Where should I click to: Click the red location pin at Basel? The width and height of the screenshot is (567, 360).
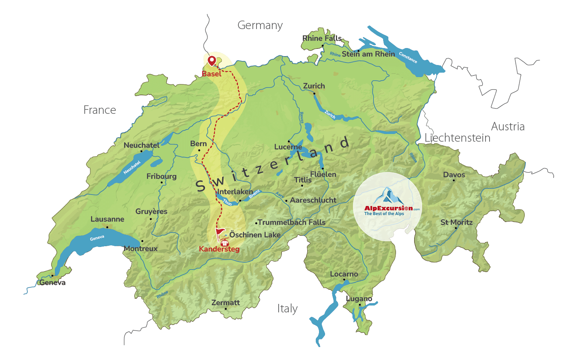click(x=212, y=61)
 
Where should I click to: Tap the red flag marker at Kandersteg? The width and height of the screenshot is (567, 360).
click(x=220, y=233)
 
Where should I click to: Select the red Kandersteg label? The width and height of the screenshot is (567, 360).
click(x=219, y=249)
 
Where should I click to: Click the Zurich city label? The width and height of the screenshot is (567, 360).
click(x=314, y=86)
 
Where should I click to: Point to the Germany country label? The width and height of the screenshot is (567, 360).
click(x=260, y=25)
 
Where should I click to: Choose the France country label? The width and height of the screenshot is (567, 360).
click(x=100, y=110)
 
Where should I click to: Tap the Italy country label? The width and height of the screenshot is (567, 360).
click(x=287, y=309)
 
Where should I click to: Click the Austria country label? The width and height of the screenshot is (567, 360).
click(x=508, y=127)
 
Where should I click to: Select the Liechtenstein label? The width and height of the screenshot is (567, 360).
click(x=457, y=138)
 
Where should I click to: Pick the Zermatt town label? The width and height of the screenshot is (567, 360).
click(x=225, y=303)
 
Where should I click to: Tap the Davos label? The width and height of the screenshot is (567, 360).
click(x=454, y=175)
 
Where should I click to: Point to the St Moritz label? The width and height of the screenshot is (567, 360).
click(x=457, y=222)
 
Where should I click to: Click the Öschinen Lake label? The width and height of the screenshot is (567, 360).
click(x=255, y=235)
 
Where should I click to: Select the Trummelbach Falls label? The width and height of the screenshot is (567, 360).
click(x=292, y=222)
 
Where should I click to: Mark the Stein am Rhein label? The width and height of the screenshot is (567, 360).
click(x=369, y=54)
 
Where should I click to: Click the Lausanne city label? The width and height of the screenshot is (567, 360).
click(x=107, y=219)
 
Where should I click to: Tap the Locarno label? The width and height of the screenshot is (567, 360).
click(x=344, y=274)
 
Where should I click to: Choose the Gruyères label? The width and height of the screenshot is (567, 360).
click(x=151, y=211)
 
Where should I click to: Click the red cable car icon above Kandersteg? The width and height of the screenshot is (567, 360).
click(x=225, y=243)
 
